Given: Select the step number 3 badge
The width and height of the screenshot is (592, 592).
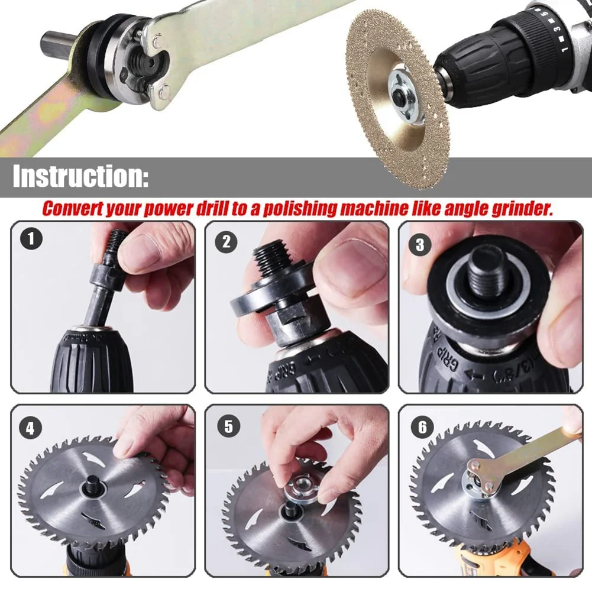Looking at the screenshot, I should tap(420, 244).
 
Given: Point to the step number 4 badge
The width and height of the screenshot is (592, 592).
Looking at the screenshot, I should tap(30, 428).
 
